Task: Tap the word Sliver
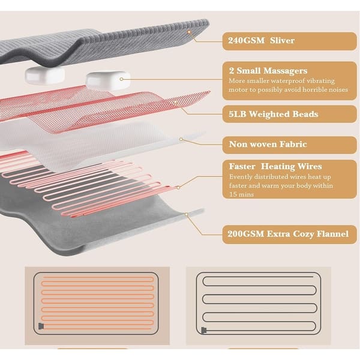tap(282, 40)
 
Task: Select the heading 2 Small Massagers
tap(268, 71)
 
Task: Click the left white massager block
tap(45, 76)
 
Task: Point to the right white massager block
tap(108, 80)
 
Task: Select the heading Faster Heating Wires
tap(275, 166)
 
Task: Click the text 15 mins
tap(242, 194)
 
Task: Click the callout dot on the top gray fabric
tap(189, 32)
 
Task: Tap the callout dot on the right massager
tap(121, 79)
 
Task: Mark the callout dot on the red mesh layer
tap(176, 102)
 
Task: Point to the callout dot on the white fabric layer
tap(181, 139)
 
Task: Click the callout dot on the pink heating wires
tap(178, 188)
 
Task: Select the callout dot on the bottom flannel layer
tap(187, 214)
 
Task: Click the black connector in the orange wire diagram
tap(41, 326)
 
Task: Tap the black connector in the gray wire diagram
tap(204, 331)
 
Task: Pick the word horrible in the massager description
tap(309, 89)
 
